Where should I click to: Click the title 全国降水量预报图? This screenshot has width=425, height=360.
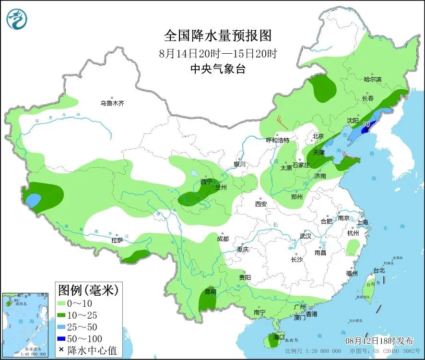(218, 36)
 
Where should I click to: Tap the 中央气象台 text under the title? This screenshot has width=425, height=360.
(218, 69)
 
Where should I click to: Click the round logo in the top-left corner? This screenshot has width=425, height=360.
(17, 18)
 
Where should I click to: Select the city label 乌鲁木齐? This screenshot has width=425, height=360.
(112, 103)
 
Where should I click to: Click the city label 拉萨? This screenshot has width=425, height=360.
(118, 240)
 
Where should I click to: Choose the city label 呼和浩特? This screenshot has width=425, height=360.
(278, 140)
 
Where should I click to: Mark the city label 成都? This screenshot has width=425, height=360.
(223, 239)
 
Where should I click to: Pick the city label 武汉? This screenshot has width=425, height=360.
(306, 236)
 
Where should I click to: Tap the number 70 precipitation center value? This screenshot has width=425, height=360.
(366, 124)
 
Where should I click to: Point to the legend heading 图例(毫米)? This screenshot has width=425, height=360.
(88, 290)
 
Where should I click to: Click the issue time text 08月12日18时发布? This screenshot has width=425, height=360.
(379, 341)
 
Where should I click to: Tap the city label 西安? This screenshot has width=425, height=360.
(261, 204)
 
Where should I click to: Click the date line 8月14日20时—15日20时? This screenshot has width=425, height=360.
(218, 53)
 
